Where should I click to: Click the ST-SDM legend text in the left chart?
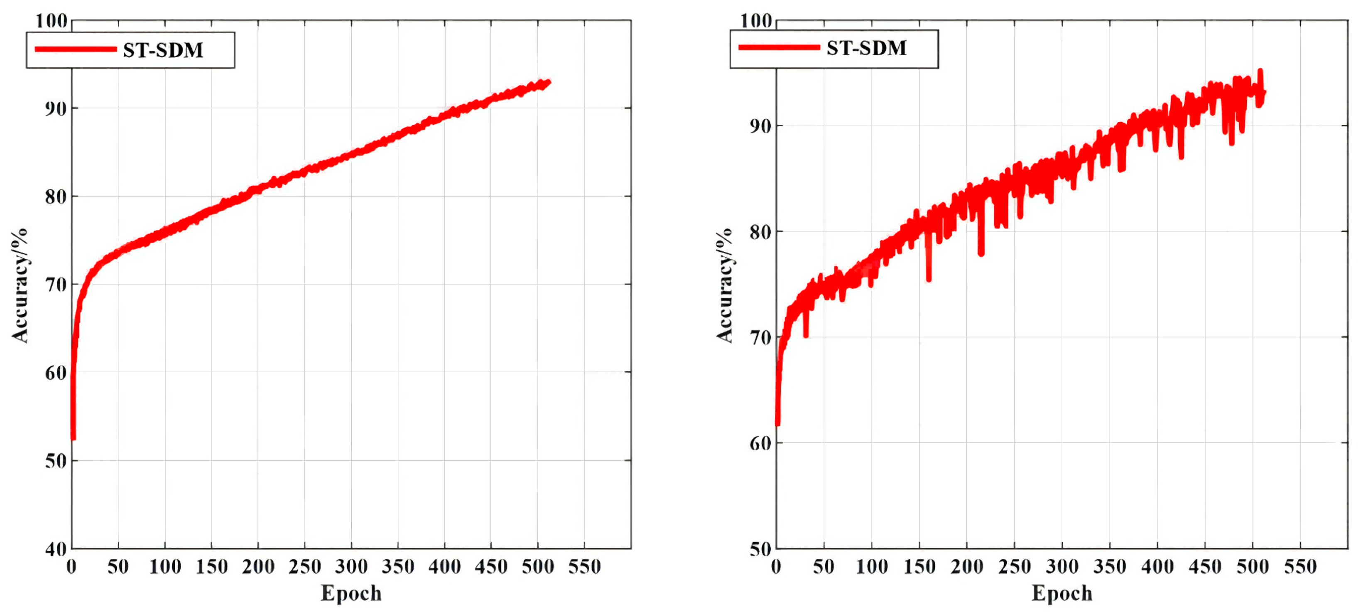point(163,50)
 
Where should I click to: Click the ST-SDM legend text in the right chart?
point(866,48)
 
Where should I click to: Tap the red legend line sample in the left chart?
point(76,49)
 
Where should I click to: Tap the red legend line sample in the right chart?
point(779,47)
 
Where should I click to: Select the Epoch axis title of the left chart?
point(351,593)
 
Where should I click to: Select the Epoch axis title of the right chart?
point(1062,593)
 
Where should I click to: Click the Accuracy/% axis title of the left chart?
point(20,285)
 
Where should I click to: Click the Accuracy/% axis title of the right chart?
point(724,285)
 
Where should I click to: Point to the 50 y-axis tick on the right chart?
point(760,549)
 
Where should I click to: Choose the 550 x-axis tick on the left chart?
point(584,567)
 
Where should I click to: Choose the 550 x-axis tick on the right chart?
point(1300,567)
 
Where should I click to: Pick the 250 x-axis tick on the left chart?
point(305,567)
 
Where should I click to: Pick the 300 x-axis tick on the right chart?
point(1062,567)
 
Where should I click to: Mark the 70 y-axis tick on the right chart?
point(760,338)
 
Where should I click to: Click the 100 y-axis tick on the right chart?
point(756,21)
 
